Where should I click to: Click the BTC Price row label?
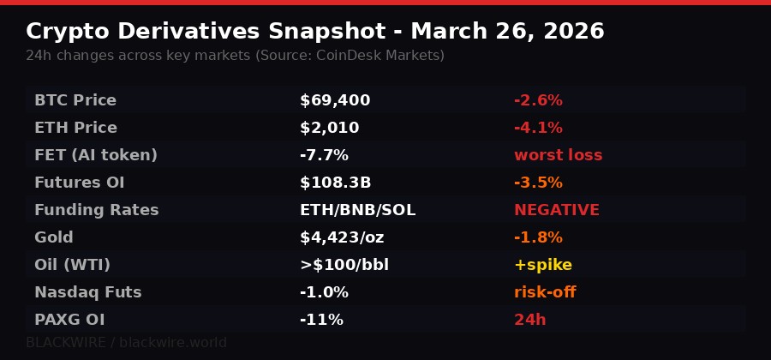pos(75,100)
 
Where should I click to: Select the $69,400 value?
pos(335,100)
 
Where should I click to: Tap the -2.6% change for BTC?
pos(538,100)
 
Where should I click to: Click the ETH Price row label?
pos(75,128)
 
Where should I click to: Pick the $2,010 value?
pos(329,128)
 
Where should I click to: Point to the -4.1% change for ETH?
pos(538,128)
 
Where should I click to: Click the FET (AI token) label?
pos(96,155)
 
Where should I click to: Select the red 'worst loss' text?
pos(558,155)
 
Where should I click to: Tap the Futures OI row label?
pos(79,183)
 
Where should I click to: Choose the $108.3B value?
pos(335,183)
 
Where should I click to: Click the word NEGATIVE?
pos(557,210)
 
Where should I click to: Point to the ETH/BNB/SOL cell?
pos(357,210)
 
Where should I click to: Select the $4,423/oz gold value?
pos(342,237)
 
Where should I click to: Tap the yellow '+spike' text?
pos(543,265)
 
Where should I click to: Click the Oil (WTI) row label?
pos(72,265)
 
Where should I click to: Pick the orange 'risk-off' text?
pos(545,292)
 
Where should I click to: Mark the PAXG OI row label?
pos(69,320)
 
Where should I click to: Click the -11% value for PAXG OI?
pos(321,320)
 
